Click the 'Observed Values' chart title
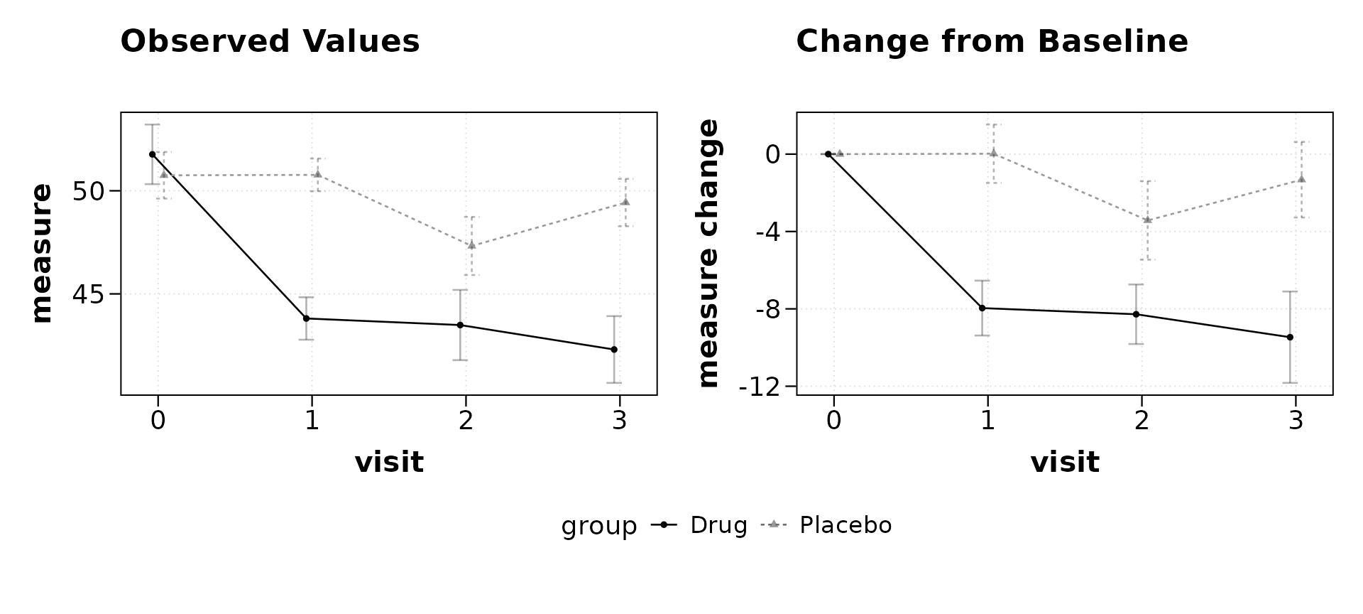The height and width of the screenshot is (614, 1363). point(270,41)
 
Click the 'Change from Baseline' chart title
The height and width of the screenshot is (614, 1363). point(992,41)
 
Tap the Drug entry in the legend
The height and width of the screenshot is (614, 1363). point(699,525)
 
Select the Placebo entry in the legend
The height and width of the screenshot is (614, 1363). point(826,525)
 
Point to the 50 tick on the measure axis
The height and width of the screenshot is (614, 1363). point(89,191)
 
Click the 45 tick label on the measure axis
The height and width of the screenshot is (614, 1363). point(89,293)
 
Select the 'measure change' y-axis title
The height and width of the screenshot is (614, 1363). point(708,254)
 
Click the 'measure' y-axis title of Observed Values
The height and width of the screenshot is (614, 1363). point(42,254)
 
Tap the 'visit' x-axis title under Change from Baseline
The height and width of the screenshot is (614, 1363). point(1065,463)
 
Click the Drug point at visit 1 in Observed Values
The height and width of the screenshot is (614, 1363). point(306,318)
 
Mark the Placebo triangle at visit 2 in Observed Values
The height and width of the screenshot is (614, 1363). point(471,245)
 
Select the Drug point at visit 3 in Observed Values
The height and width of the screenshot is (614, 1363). point(614,350)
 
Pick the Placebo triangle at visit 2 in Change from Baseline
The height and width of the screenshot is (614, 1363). point(1147,220)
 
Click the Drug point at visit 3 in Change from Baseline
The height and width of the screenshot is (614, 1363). point(1290,337)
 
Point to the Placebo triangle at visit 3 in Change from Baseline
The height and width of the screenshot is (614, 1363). point(1301,179)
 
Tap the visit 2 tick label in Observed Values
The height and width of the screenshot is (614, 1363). point(466,421)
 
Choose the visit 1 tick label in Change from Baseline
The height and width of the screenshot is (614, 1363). point(987,421)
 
